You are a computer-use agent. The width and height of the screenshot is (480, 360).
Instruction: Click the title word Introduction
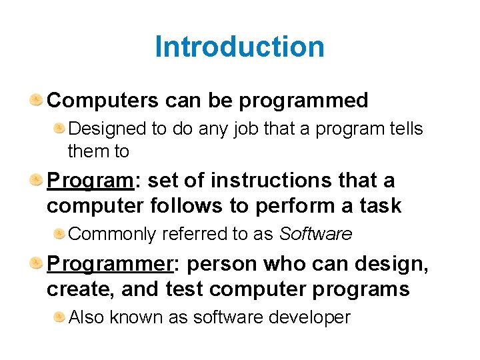pos(239,47)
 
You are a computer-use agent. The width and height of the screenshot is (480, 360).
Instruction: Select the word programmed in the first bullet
pos(303,101)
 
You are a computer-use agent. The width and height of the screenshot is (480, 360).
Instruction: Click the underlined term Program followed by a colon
pos(90,181)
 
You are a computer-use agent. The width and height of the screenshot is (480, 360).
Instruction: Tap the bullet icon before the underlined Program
pos(37,179)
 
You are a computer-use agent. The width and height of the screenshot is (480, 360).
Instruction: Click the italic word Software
pos(315,234)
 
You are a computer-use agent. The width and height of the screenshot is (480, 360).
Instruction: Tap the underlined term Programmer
pos(110,265)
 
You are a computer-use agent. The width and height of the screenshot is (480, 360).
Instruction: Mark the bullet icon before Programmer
pos(37,263)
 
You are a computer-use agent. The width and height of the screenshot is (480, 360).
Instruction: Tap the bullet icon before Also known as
pos(59,317)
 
